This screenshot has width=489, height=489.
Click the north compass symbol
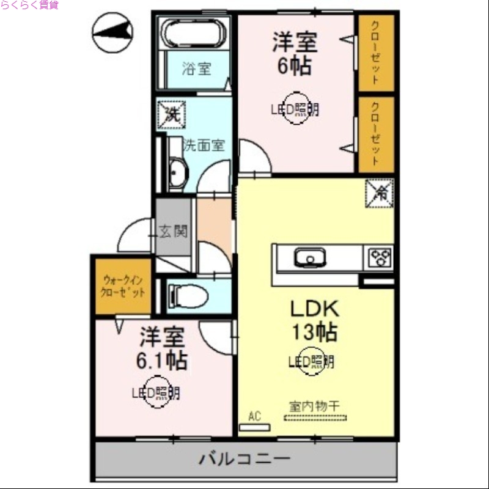pos(112,32)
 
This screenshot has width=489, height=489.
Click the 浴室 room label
pos(196,68)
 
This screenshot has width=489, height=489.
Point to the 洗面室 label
pos(204,145)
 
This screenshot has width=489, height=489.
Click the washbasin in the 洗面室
pos(178,174)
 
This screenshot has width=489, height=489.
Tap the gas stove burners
pos(380,257)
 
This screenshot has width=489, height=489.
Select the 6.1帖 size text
pos(161,361)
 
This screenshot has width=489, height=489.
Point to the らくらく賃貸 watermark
pos(29,5)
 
